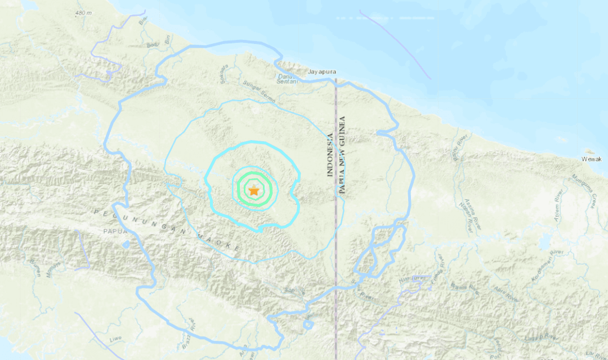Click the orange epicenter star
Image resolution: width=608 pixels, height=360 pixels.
point(254,191)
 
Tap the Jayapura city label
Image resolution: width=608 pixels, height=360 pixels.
point(323,72)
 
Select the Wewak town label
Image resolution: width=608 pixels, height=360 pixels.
point(591,159)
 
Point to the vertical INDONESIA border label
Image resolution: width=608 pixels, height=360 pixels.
point(330,155)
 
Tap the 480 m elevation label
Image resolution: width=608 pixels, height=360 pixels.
point(83,13)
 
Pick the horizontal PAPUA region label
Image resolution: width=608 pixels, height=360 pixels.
point(113,231)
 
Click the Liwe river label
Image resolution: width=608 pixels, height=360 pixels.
point(115,338)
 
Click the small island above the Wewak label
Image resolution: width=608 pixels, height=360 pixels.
point(590,151)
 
